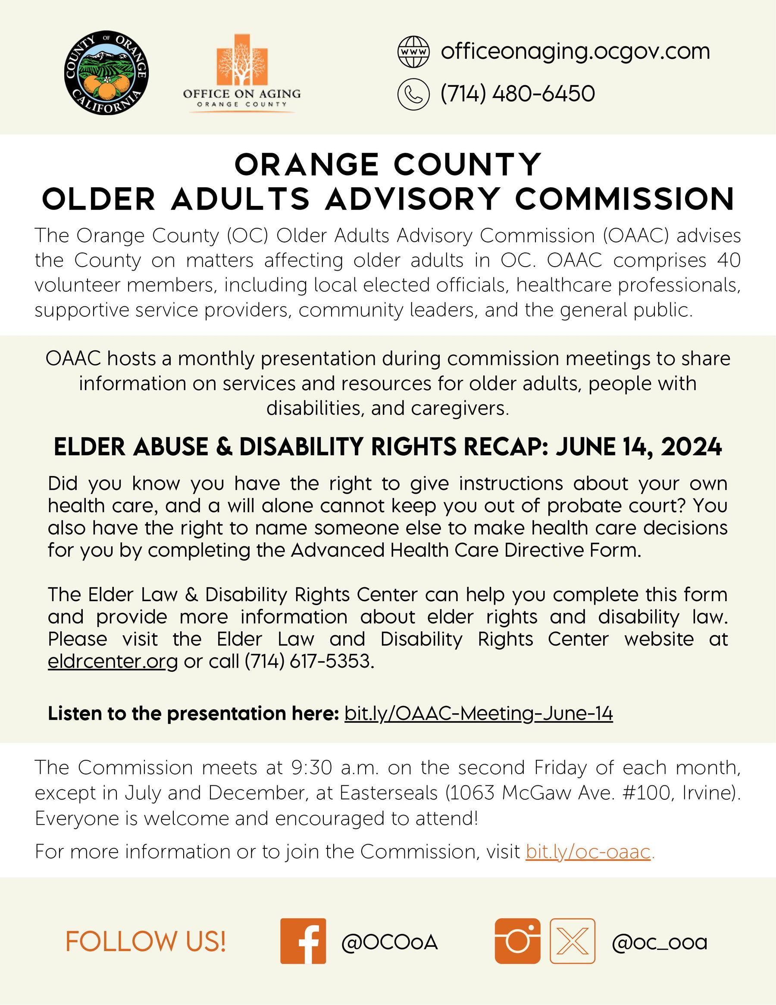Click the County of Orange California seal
106,72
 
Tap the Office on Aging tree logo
242,60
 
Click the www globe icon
413,52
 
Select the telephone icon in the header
413,95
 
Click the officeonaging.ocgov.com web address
575,51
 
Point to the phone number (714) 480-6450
518,94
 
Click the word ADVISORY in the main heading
413,199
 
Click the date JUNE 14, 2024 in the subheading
639,447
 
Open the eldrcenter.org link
113,661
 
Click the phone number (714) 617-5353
310,661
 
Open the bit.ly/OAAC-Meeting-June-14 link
478,713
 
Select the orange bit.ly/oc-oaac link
588,852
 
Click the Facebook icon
303,941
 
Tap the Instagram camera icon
517,941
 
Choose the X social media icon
573,941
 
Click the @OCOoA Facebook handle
389,942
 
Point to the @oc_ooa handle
659,943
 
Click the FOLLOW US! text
146,942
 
